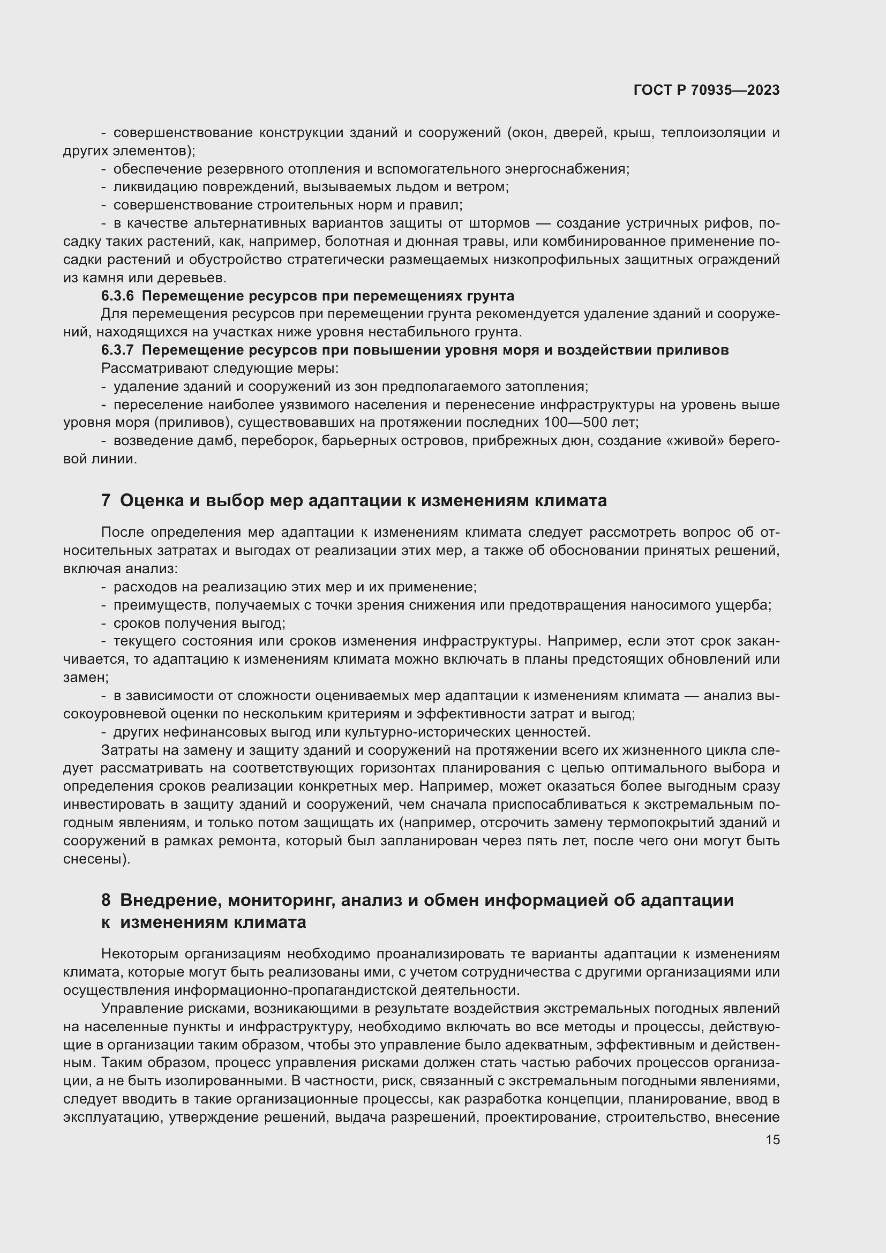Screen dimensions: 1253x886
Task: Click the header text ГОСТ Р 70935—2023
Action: (707, 91)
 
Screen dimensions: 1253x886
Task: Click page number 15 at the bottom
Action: (772, 1139)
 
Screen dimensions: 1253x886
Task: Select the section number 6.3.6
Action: (117, 296)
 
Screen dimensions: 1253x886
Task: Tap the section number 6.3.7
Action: (117, 350)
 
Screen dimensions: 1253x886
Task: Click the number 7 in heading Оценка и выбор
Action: (106, 500)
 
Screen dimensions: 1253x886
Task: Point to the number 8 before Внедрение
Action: (106, 900)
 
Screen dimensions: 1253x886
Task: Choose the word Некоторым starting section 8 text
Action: (140, 954)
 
